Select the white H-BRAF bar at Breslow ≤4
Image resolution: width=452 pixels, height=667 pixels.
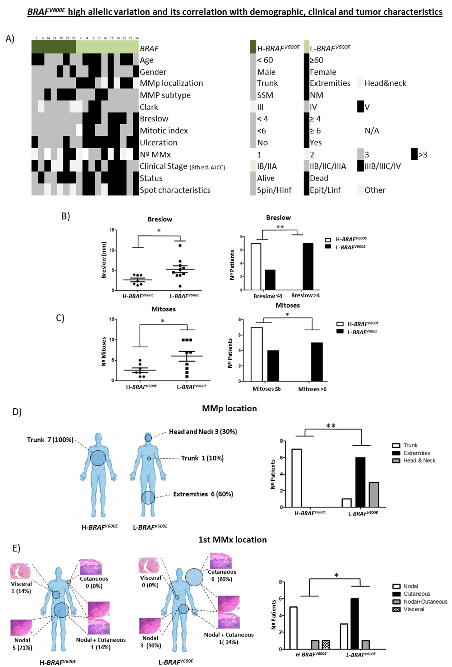[x=256, y=266]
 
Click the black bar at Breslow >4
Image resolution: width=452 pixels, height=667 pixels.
[x=308, y=266]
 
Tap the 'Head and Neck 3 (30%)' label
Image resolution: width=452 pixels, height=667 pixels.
[x=203, y=432]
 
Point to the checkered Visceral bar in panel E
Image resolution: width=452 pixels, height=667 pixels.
[x=326, y=644]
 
